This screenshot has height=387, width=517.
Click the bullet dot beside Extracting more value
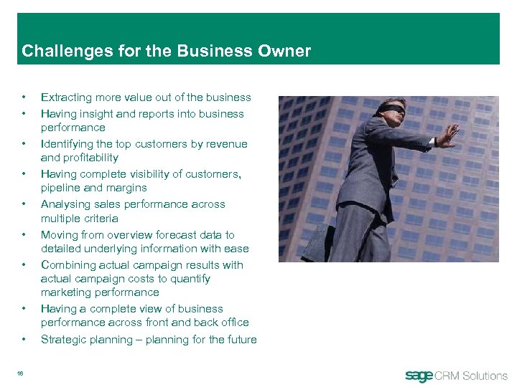point(24,97)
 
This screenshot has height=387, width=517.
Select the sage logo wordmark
point(419,376)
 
